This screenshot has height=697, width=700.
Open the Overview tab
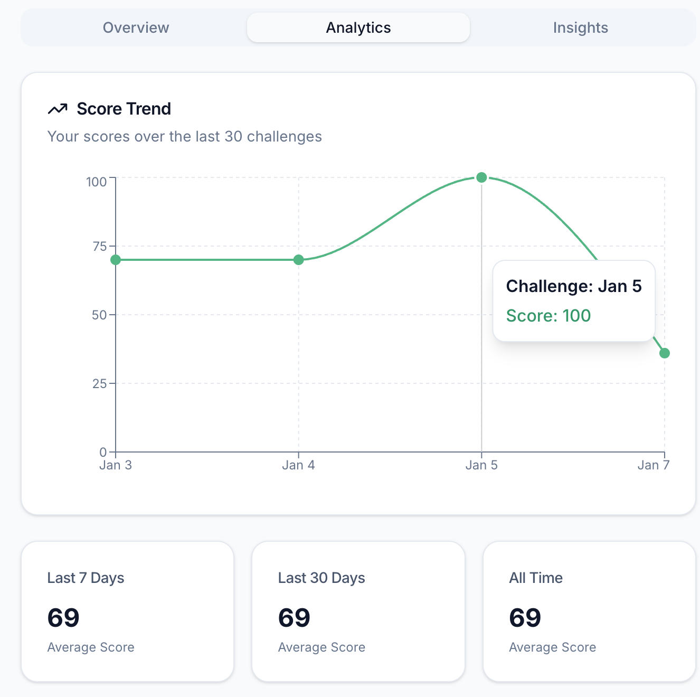pos(136,27)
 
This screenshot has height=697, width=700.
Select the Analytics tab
pos(358,27)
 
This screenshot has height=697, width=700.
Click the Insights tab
pos(580,27)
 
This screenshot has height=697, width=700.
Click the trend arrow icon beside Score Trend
pos(58,109)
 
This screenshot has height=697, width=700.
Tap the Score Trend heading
pos(124,109)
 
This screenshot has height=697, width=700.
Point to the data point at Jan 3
pos(116,260)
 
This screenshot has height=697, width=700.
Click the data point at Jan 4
pos(299,260)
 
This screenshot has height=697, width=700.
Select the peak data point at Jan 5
pos(481,177)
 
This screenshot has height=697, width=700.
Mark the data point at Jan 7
pos(665,353)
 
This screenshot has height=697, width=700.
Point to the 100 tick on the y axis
pos(97,182)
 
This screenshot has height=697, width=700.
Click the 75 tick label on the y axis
pos(100,247)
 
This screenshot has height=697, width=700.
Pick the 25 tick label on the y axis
pos(100,384)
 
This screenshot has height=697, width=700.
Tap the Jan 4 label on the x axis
pos(298,465)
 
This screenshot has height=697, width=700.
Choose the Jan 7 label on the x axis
pos(653,465)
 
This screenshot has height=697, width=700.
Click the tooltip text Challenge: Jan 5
pos(574,286)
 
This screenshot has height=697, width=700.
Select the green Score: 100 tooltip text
pos(548,316)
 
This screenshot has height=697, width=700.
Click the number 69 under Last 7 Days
pos(63,618)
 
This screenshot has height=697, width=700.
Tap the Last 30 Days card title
pos(321,578)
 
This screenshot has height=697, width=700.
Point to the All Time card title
pos(536,578)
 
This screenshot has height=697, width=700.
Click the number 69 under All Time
pos(525,618)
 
